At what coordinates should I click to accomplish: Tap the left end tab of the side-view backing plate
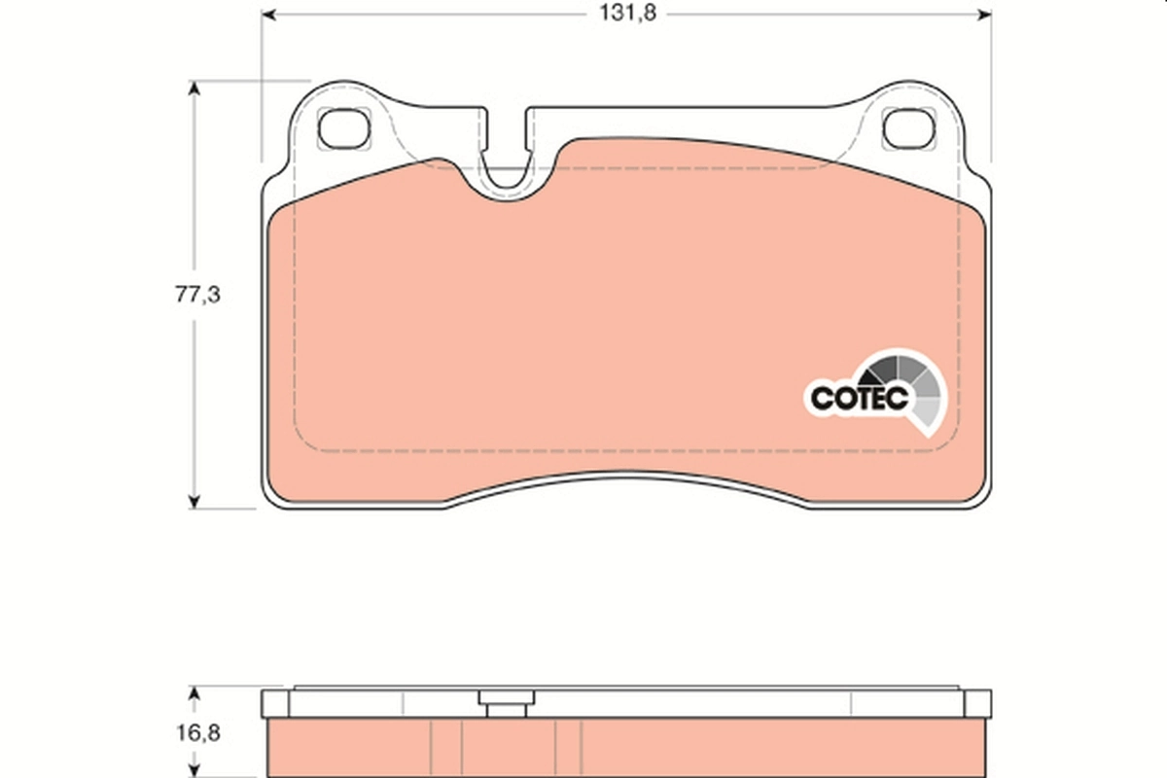click(x=274, y=703)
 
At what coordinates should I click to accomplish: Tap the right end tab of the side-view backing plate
click(x=977, y=703)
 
